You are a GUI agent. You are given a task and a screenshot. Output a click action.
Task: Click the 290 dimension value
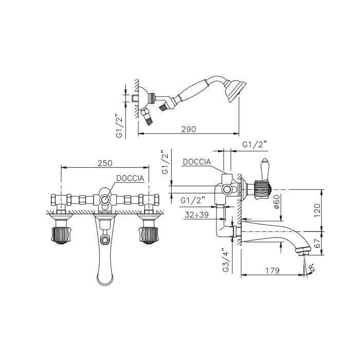[189, 129]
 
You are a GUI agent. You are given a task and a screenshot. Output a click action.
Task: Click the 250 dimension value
[105, 163]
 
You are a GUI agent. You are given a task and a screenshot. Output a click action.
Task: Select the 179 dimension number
[273, 271]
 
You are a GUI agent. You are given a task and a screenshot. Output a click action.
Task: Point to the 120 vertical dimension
[317, 210]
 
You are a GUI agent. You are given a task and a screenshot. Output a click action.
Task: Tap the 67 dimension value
[317, 243]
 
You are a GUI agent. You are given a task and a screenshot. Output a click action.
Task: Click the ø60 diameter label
[277, 202]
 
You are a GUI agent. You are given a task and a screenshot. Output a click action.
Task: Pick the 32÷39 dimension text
[197, 215]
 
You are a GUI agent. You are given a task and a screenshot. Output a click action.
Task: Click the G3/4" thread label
[226, 259]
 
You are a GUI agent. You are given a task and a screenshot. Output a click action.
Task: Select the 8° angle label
[312, 268]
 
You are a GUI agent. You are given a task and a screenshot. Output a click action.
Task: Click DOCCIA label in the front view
[130, 178]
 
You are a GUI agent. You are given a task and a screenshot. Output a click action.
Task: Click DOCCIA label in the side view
[197, 162]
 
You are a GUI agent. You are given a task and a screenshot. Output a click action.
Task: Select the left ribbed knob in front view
[61, 235]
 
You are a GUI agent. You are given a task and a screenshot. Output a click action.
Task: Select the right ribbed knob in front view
[149, 235]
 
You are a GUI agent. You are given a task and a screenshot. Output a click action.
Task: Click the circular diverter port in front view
[105, 200]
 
